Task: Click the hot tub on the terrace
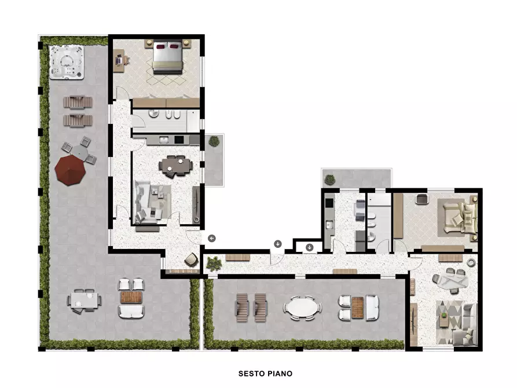pyautogui.click(x=67, y=62)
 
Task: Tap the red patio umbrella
pyautogui.click(x=70, y=170)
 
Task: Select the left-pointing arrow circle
pyautogui.click(x=212, y=238)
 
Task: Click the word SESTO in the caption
pyautogui.click(x=251, y=374)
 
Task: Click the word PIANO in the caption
pyautogui.click(x=280, y=374)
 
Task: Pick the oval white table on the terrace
pyautogui.click(x=302, y=308)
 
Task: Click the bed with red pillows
pyautogui.click(x=168, y=57)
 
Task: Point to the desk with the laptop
pyautogui.click(x=119, y=60)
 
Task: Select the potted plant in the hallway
pyautogui.click(x=214, y=264)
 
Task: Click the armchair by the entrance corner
pyautogui.click(x=192, y=260)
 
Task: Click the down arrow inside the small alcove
pyautogui.click(x=309, y=247)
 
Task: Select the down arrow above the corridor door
pyautogui.click(x=278, y=244)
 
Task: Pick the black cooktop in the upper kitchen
pyautogui.click(x=179, y=140)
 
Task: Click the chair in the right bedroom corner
pyautogui.click(x=421, y=199)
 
